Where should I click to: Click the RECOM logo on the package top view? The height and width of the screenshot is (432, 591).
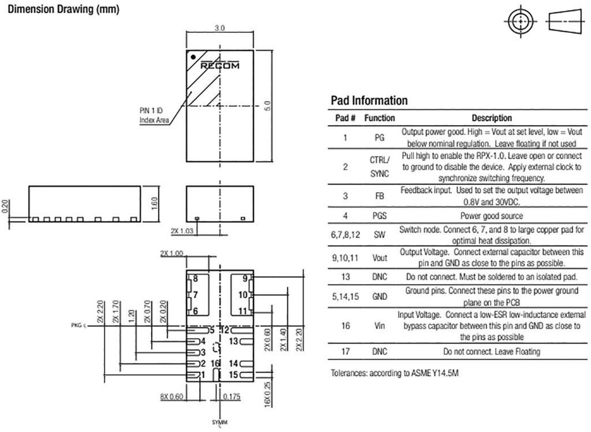(x=220, y=66)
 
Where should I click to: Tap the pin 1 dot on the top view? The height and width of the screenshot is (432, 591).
(x=194, y=57)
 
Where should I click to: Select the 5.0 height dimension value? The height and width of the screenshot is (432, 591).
(x=266, y=106)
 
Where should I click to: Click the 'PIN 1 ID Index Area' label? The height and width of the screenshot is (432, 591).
(x=154, y=115)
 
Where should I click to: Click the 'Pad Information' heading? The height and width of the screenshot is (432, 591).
(x=369, y=100)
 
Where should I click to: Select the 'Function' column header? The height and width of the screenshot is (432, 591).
(x=380, y=118)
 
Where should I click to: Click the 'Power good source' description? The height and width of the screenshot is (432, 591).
(x=492, y=216)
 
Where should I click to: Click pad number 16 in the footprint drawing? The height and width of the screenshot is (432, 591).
(x=215, y=363)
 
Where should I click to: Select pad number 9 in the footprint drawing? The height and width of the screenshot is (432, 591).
(x=245, y=279)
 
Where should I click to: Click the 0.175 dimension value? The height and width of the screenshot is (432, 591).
(x=232, y=396)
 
